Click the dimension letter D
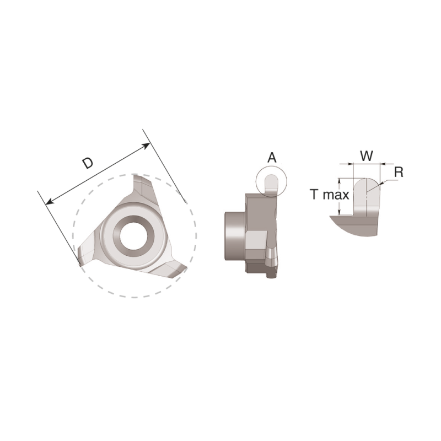coord(87,163)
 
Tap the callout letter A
coord(271,158)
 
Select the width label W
coord(366,156)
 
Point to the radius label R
coord(399,172)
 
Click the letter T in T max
coord(314,195)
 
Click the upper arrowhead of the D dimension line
coord(147,146)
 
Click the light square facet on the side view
coord(256,241)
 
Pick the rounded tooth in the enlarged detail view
coord(365,196)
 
